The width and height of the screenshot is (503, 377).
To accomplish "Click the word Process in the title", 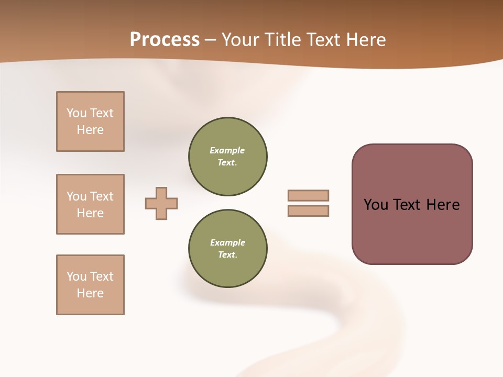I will pyautogui.click(x=165, y=39).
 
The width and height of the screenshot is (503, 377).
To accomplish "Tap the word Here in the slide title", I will pyautogui.click(x=364, y=39).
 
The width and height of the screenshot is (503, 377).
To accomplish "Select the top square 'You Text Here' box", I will pyautogui.click(x=90, y=121).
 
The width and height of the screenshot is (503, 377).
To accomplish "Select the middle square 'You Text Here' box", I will pyautogui.click(x=90, y=204).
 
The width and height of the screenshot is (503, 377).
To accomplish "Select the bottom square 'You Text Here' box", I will pyautogui.click(x=90, y=285).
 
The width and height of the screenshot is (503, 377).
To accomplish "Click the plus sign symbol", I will pyautogui.click(x=161, y=203).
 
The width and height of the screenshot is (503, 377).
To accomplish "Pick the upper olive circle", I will pyautogui.click(x=227, y=157).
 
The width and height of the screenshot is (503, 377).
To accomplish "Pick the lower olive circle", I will pyautogui.click(x=227, y=249).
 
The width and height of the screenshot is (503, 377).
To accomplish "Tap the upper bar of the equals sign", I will pyautogui.click(x=308, y=195).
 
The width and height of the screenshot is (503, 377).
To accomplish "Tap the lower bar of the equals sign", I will pyautogui.click(x=308, y=210).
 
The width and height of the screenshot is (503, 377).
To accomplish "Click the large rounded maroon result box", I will pyautogui.click(x=412, y=230).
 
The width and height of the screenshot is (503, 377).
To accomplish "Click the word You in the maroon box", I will pyautogui.click(x=376, y=205).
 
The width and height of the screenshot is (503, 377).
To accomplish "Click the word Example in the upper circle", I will pyautogui.click(x=227, y=150).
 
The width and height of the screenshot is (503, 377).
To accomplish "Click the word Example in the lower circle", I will pyautogui.click(x=227, y=242).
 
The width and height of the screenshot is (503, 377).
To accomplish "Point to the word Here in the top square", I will pyautogui.click(x=90, y=130).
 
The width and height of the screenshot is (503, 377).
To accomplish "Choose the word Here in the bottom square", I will pyautogui.click(x=90, y=293).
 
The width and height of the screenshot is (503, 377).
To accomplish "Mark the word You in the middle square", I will pyautogui.click(x=76, y=196).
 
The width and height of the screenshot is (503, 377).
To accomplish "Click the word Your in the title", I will pyautogui.click(x=242, y=39).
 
